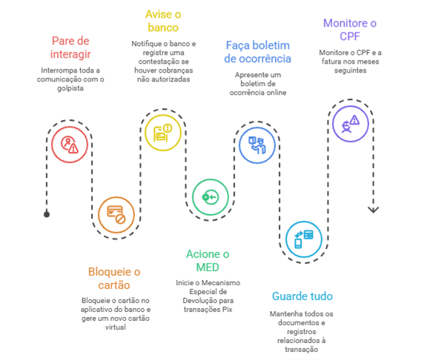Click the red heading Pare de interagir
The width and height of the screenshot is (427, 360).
tap(70, 47)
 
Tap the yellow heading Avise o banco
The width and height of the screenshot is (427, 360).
tap(163, 21)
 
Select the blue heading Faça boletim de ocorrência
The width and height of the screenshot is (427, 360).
tap(258, 52)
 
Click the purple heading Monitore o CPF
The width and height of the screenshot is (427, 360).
tap(350, 30)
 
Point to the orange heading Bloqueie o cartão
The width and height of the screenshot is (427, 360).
tap(114, 279)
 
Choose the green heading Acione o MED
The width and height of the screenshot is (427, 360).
tap(208, 261)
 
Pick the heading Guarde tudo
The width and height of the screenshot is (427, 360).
tap(302, 296)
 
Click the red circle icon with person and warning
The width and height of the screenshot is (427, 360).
tap(70, 144)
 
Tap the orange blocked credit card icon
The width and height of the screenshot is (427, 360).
tap(116, 215)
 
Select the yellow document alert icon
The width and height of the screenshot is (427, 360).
tap(163, 133)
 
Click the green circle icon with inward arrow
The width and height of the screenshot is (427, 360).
tap(211, 197)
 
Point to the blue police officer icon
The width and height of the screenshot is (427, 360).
tap(257, 145)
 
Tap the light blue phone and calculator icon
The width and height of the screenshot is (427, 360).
tap(304, 239)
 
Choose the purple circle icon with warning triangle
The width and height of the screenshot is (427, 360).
tap(351, 124)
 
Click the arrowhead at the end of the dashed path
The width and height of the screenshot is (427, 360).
tap(374, 210)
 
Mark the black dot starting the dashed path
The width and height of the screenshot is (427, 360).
tap(47, 214)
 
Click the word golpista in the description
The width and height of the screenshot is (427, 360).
tap(70, 88)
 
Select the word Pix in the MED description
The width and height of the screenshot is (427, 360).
tap(228, 310)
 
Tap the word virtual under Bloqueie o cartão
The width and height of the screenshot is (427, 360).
tap(116, 327)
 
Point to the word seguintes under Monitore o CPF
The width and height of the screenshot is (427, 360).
tap(350, 70)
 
